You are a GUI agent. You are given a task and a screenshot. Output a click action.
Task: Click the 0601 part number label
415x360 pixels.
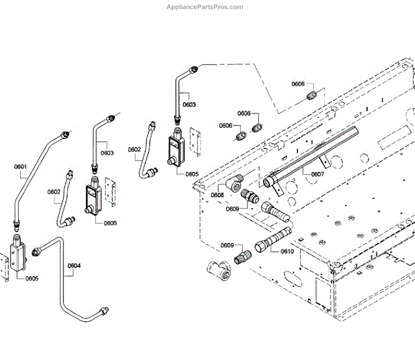[19, 167]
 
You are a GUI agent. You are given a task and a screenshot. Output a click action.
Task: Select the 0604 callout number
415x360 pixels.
[74, 266]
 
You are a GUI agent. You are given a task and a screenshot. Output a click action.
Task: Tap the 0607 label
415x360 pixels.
[317, 174]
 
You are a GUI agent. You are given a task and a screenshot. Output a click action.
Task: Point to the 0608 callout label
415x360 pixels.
[217, 195]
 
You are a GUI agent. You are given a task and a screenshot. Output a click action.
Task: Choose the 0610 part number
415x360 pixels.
[287, 251]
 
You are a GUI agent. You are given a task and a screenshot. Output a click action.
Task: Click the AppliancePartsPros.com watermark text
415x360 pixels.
[205, 7]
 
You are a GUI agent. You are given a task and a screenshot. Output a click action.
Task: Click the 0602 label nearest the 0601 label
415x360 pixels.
[55, 192]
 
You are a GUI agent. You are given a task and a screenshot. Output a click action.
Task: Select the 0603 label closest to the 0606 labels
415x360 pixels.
[189, 105]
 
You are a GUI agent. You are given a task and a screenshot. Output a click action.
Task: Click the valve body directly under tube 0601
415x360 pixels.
[17, 256]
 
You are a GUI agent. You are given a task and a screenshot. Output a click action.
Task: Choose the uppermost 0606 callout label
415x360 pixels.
[298, 84]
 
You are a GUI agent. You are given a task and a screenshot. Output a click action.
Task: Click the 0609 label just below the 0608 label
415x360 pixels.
[233, 209]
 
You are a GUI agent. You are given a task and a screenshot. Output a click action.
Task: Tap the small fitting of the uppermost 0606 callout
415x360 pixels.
[314, 94]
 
